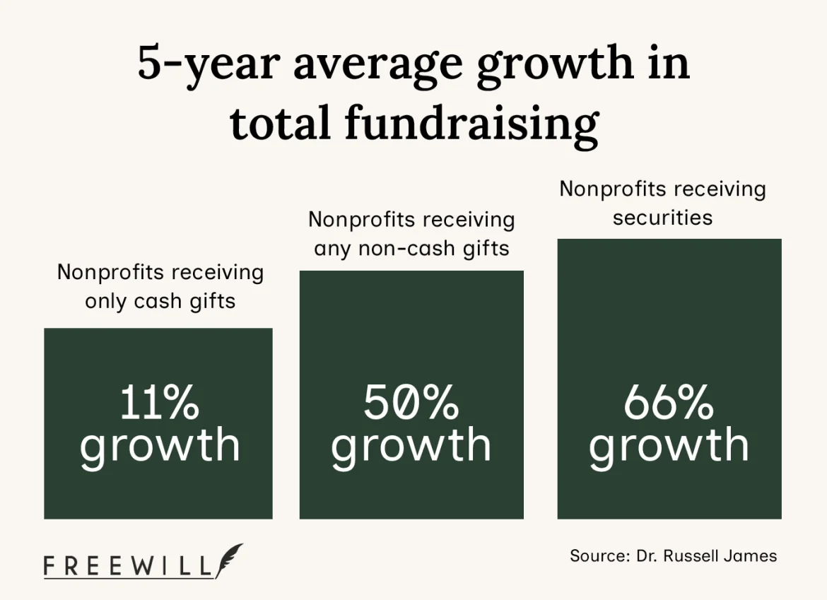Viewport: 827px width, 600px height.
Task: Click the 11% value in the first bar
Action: (x=159, y=403)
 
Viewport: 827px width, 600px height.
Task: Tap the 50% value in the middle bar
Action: (x=411, y=403)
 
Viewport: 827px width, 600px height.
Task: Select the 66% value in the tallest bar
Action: (x=669, y=403)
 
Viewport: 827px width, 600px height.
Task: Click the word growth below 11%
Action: (x=159, y=445)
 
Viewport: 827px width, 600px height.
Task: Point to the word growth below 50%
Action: (x=411, y=445)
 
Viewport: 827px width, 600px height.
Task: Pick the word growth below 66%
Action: (x=669, y=445)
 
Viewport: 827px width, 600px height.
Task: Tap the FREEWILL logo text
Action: (x=127, y=567)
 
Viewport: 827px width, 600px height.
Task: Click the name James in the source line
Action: (x=751, y=555)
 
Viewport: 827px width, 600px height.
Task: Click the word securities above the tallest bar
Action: (x=662, y=218)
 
